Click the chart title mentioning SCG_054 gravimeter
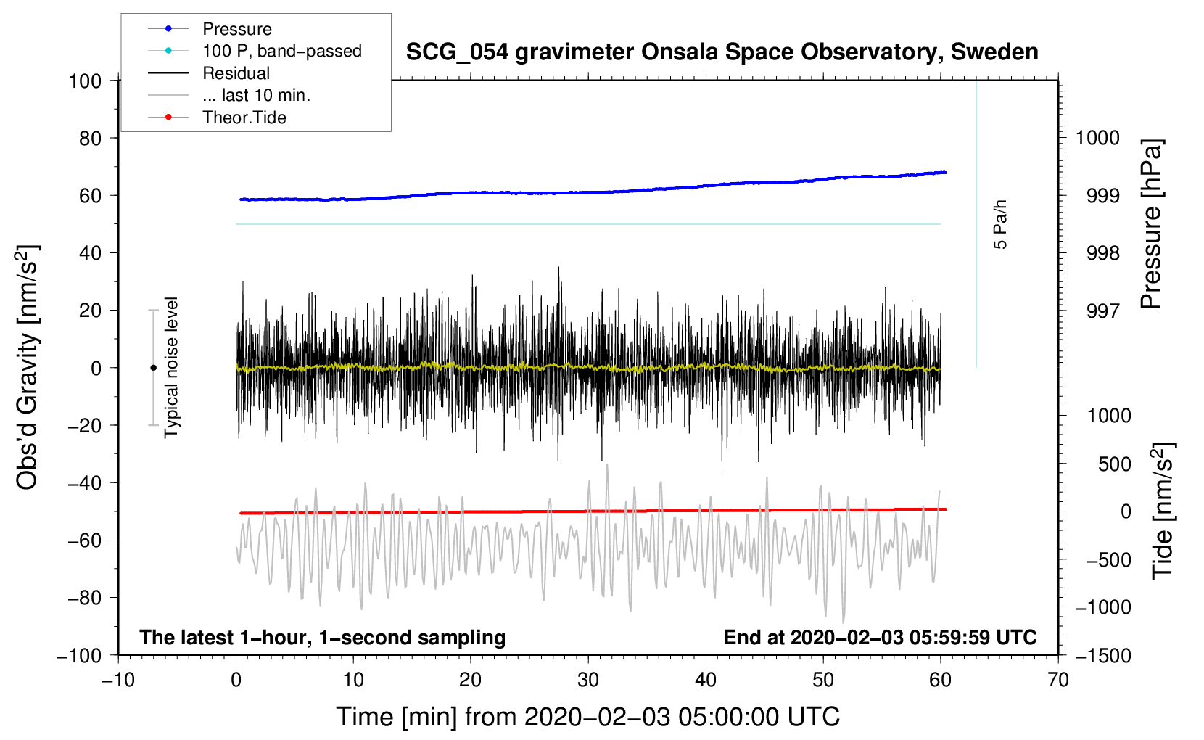point(722,52)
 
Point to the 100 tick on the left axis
point(86,81)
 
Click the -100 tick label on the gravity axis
point(80,656)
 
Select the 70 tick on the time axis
point(1057,680)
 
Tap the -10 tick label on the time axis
point(118,680)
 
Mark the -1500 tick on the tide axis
point(1103,656)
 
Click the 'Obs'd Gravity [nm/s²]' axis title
point(27,367)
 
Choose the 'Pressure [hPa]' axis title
point(1151,224)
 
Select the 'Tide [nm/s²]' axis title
point(1163,511)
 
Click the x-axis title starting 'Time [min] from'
point(588,717)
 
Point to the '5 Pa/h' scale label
point(999,224)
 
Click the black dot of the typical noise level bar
point(153,368)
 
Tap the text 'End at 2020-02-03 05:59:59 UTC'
point(880,637)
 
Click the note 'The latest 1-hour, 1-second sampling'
point(323,637)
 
